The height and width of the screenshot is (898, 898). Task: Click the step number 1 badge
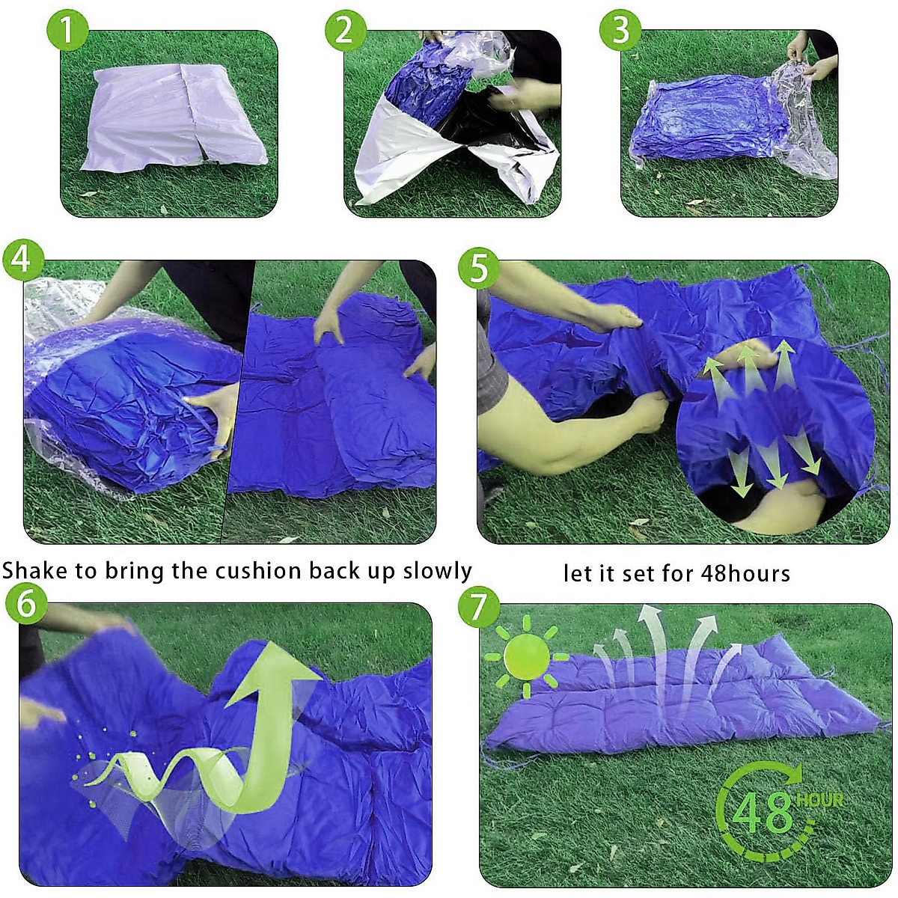pos(67,31)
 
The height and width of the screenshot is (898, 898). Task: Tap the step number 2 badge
pos(345,31)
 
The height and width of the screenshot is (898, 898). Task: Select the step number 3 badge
pos(620,31)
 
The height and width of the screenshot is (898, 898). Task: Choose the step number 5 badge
pos(479,268)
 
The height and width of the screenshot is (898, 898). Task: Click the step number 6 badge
pos(26,603)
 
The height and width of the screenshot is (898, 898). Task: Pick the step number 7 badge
pos(479,608)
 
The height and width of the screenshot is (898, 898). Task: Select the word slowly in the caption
pos(437,571)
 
